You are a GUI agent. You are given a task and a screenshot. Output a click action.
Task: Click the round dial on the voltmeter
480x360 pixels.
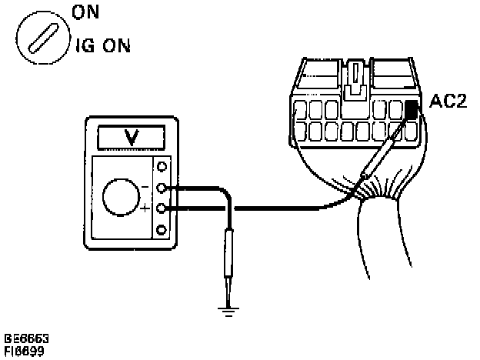[121, 198]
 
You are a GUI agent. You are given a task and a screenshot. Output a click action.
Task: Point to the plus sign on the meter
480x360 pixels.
[145, 208]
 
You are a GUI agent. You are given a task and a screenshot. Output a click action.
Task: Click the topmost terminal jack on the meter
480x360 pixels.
[162, 165]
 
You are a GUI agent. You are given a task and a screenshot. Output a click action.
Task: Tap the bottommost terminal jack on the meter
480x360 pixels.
[162, 229]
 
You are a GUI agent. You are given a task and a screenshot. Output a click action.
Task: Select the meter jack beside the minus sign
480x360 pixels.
[162, 187]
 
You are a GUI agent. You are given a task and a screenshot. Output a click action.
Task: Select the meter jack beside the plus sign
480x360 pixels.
[162, 208]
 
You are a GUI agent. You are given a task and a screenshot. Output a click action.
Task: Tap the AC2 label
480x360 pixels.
[447, 102]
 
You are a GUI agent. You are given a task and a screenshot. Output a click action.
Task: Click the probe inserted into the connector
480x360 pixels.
[382, 160]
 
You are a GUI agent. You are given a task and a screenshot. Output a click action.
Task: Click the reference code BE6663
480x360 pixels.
[24, 338]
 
